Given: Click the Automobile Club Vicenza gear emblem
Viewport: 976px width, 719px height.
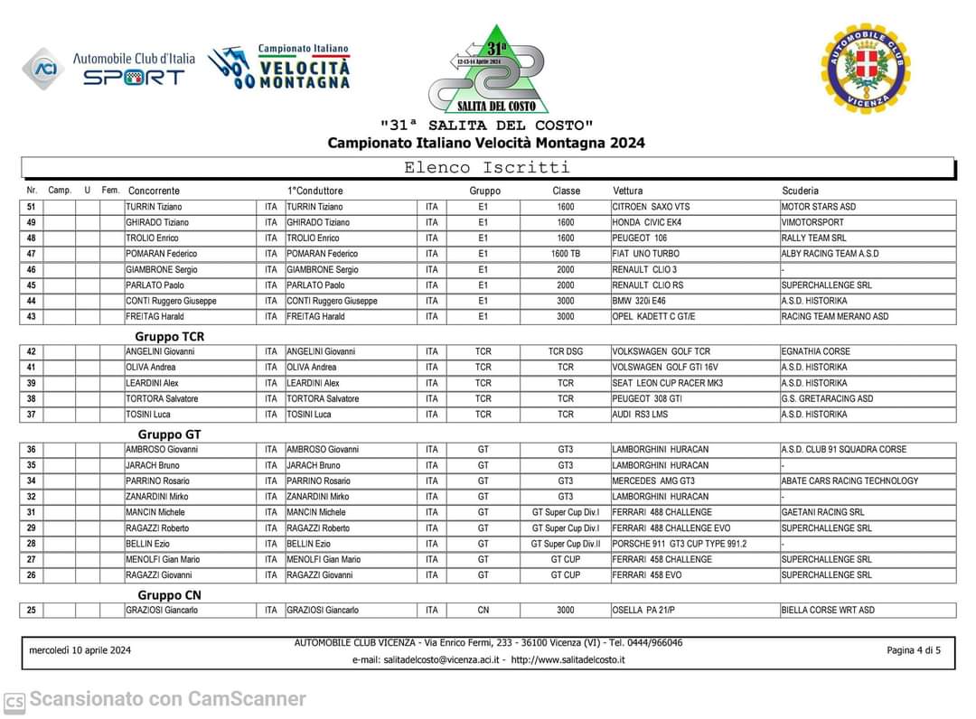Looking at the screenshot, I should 865,69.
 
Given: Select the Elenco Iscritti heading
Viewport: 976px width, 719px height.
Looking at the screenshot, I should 486,167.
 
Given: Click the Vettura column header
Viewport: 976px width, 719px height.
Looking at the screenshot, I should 628,191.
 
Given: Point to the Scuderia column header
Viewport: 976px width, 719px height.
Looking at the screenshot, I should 800,191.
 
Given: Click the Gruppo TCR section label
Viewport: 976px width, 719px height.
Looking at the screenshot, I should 170,336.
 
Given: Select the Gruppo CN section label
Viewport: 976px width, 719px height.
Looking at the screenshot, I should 169,594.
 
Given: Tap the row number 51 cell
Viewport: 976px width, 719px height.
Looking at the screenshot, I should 32,207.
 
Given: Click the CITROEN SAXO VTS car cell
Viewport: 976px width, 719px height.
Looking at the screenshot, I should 651,207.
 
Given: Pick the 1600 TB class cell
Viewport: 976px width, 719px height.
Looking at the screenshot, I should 566,254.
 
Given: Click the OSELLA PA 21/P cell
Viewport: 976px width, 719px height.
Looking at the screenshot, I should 643,611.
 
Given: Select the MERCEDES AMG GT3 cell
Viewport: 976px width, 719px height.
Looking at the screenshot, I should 653,481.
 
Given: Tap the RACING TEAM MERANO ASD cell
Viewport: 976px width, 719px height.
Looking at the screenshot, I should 834,317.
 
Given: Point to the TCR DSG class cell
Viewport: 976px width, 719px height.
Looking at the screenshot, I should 566,351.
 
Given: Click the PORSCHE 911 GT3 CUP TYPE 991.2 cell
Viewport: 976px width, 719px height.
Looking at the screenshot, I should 680,544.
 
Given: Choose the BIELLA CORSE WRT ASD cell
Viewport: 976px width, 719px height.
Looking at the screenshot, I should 828,611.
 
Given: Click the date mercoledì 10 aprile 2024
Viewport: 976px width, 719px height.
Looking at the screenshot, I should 80,650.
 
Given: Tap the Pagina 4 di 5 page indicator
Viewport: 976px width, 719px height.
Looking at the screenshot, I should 914,650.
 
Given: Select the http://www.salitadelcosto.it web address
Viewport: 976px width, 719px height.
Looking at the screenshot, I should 568,659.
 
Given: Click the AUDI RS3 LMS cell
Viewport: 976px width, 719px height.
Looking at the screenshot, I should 639,415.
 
